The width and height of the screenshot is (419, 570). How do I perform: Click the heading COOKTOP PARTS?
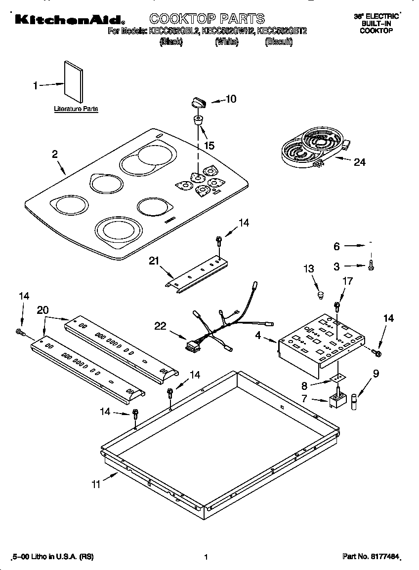point(207,19)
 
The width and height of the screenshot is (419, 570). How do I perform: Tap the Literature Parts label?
point(76,109)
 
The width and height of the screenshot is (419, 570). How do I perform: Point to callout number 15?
point(209,146)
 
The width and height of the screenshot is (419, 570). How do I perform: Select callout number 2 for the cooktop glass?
point(54,154)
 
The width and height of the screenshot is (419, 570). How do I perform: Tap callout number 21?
point(154,261)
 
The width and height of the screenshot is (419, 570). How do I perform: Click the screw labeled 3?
point(371,266)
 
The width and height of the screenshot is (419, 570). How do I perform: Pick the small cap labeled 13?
point(321,295)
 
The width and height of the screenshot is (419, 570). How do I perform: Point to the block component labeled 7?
point(336,400)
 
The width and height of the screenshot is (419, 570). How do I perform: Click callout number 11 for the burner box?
point(95,484)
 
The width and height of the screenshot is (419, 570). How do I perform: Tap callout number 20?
point(43,310)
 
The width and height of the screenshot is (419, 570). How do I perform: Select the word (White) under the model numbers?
point(227,42)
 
